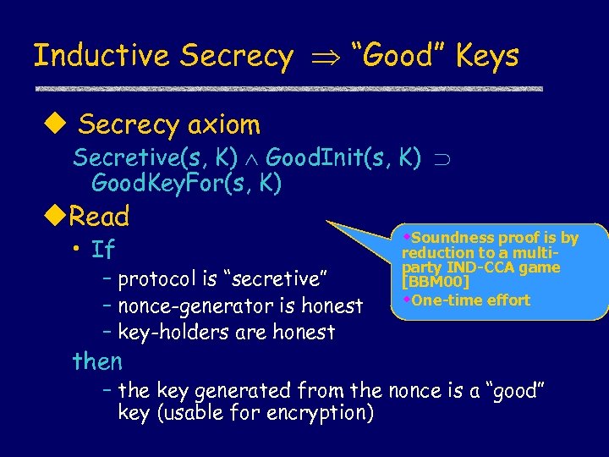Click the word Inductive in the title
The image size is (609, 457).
pyautogui.click(x=102, y=56)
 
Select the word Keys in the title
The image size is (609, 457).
pyautogui.click(x=486, y=56)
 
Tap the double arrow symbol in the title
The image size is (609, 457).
pyautogui.click(x=321, y=58)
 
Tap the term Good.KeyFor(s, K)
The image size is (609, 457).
pyautogui.click(x=186, y=182)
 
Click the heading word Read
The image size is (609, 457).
pyautogui.click(x=99, y=217)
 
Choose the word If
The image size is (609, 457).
pyautogui.click(x=103, y=251)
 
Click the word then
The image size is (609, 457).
pyautogui.click(x=98, y=362)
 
